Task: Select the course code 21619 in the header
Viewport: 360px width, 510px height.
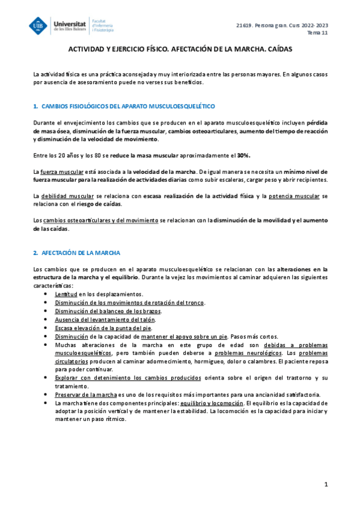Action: pyautogui.click(x=245, y=25)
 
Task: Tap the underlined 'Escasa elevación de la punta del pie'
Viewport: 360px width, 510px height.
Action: pyautogui.click(x=103, y=328)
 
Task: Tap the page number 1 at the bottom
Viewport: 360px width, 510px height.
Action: pyautogui.click(x=325, y=485)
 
